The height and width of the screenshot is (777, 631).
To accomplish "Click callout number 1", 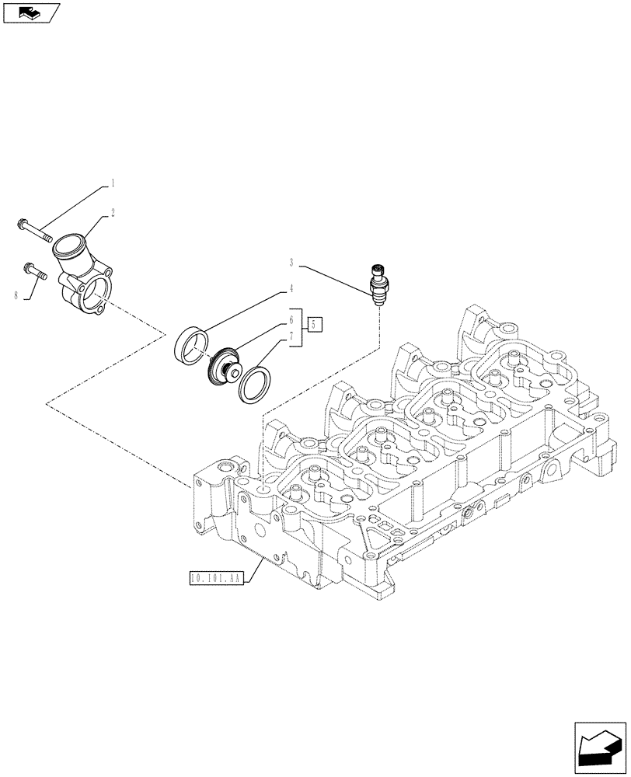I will point(113,184).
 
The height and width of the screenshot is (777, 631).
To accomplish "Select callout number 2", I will point(113,211).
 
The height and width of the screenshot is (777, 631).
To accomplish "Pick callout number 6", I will point(291,319).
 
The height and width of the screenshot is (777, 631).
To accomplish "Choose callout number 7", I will point(291,336).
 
